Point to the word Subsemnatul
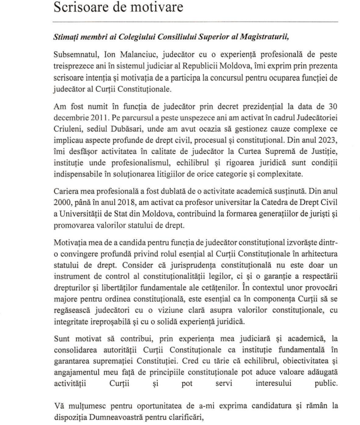77,57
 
